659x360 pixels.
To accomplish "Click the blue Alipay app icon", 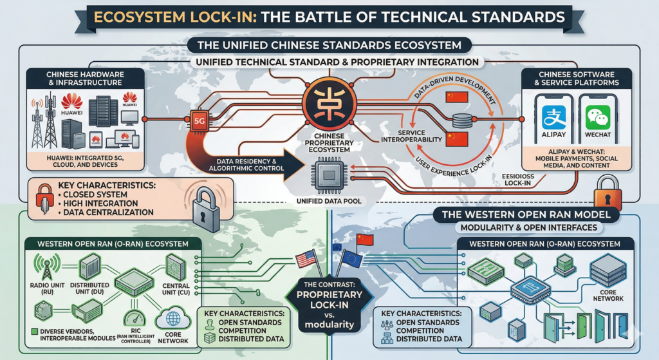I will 553,118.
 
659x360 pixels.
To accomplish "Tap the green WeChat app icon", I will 599,118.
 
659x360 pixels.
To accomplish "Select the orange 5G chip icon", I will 195,119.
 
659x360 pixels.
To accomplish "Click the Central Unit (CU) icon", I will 175,265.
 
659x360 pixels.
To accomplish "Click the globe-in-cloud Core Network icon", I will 172,319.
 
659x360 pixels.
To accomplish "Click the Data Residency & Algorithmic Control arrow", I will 245,166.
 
